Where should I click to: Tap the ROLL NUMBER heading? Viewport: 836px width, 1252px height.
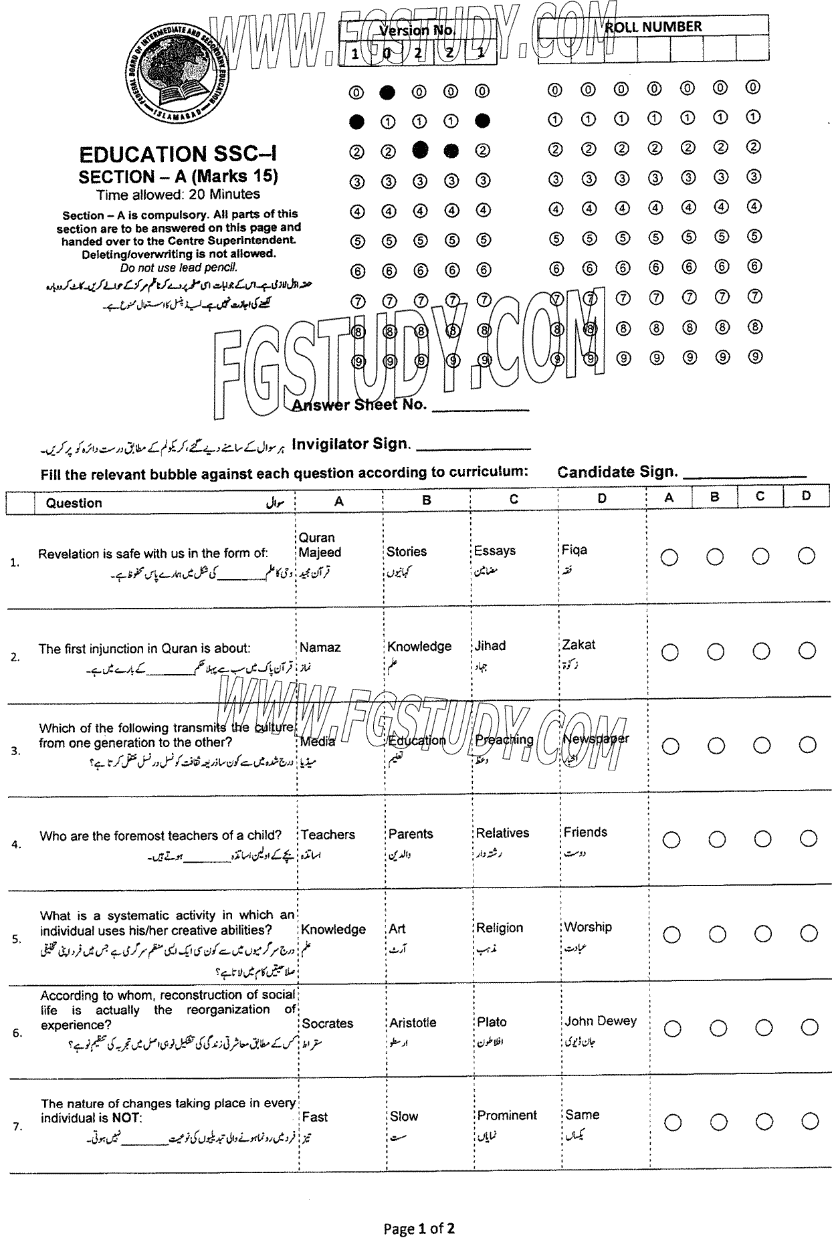pos(653,27)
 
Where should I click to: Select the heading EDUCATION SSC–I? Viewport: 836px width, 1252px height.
pos(178,155)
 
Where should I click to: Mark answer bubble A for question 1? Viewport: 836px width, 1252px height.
pos(669,557)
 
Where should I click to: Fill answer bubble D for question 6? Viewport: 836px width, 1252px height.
pos(809,1027)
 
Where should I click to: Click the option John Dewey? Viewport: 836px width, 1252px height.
pos(600,1021)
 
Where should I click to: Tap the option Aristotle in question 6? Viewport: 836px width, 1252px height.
pos(413,1023)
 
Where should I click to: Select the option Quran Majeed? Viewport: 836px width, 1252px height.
pos(320,545)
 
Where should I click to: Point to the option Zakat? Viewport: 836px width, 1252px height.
pos(579,645)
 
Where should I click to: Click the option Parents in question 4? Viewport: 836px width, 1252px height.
pos(411,834)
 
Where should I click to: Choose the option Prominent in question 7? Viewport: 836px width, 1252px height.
pos(507,1116)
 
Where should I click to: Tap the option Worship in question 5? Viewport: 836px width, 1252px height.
pos(587,927)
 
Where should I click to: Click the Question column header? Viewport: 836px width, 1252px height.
pos(74,503)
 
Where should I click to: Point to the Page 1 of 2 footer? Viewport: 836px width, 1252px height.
pos(419,1228)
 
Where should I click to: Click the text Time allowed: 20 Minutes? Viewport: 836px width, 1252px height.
pos(178,195)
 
